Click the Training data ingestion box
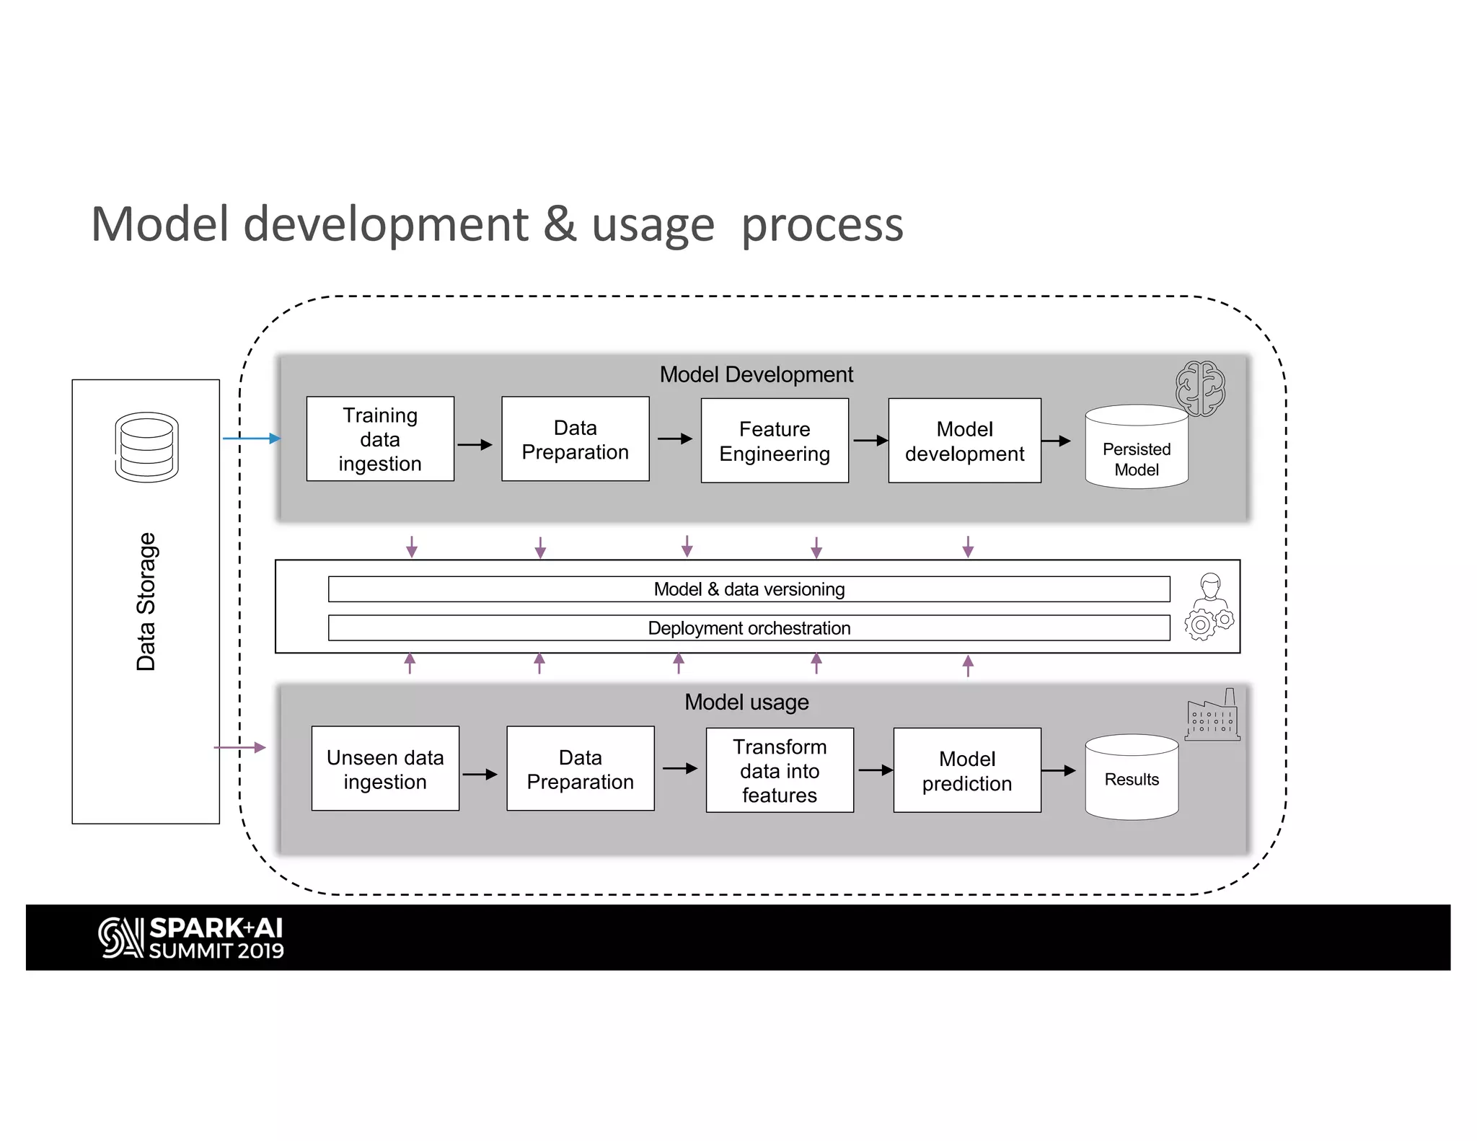click(x=380, y=439)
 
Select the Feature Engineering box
click(x=775, y=441)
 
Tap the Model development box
click(x=964, y=441)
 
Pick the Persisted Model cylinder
click(x=1136, y=451)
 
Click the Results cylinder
click(x=1131, y=779)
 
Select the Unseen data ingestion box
click(x=385, y=769)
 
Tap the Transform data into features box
click(x=780, y=770)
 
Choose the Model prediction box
click(x=966, y=770)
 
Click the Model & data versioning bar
click(x=749, y=589)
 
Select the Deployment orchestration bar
click(x=749, y=628)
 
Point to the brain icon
click(x=1199, y=388)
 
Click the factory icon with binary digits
click(x=1212, y=717)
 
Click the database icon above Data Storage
click(x=146, y=447)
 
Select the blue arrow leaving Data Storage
click(x=251, y=439)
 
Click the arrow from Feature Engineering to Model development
click(x=870, y=440)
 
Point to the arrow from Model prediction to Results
click(x=1059, y=771)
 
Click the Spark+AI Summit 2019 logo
click(x=191, y=938)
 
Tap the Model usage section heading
click(x=746, y=702)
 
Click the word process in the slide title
click(x=821, y=225)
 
